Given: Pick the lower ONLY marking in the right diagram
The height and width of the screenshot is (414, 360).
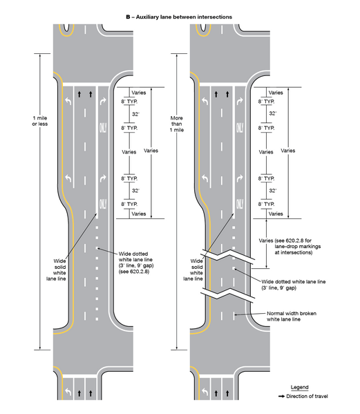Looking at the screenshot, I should [240, 205].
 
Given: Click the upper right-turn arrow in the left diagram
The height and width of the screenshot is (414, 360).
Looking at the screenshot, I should [102, 101].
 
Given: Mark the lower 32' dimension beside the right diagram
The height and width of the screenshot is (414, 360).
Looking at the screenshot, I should [273, 190].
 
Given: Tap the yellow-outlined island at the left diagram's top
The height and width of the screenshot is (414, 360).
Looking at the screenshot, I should [67, 29].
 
